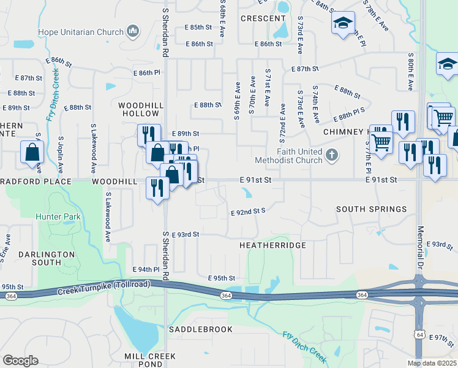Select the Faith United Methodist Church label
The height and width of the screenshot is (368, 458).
pos(299,156)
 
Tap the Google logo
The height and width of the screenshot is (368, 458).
pos(20,361)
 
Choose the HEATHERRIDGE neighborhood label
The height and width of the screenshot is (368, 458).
pos(272,245)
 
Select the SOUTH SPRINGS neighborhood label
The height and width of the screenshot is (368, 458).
pos(372,209)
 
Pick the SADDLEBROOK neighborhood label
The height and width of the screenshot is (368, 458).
pos(201,329)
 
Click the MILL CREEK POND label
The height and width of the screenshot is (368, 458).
pos(149,360)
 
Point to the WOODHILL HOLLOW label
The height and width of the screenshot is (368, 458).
pos(141,109)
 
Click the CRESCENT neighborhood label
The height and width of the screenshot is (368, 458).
pos(263,18)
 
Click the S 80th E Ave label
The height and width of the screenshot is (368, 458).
pos(410,67)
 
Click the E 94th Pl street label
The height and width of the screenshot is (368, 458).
pos(146,269)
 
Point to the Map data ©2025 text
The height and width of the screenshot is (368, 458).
pos(432,363)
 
